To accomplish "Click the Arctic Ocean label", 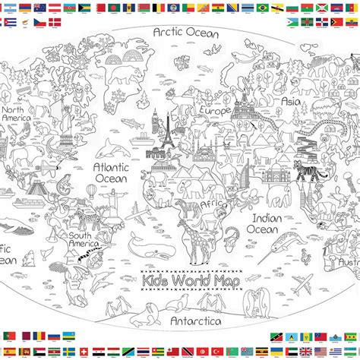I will point(185,33).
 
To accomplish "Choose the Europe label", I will point(215,111).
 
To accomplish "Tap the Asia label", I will point(292,100).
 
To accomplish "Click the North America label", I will point(15,113).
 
